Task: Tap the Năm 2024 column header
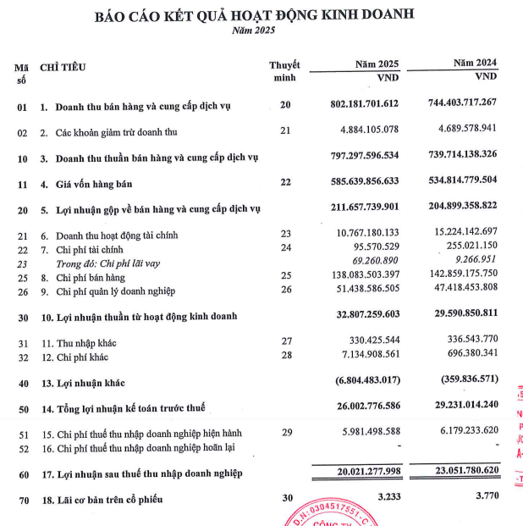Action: (474, 64)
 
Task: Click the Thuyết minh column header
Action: (284, 72)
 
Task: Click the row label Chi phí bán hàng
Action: (93, 277)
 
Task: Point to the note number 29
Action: (286, 433)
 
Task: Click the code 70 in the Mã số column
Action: (23, 500)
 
